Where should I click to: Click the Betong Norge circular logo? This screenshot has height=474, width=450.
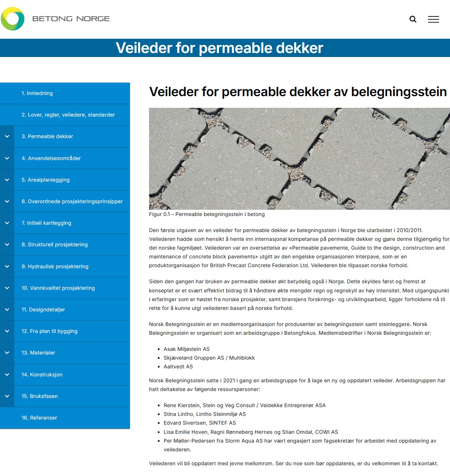pyautogui.click(x=13, y=19)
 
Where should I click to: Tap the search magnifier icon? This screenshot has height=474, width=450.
pyautogui.click(x=413, y=19)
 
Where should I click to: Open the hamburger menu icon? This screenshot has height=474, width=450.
pyautogui.click(x=433, y=19)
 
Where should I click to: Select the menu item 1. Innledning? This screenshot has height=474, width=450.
pyautogui.click(x=37, y=93)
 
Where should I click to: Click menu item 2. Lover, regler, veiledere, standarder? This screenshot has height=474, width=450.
pyautogui.click(x=68, y=115)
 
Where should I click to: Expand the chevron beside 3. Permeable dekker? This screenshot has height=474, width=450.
pyautogui.click(x=7, y=136)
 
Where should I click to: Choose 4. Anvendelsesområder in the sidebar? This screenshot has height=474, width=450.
pyautogui.click(x=51, y=158)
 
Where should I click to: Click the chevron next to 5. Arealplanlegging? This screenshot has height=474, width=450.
pyautogui.click(x=7, y=180)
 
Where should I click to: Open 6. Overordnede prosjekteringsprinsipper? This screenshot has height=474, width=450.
pyautogui.click(x=72, y=201)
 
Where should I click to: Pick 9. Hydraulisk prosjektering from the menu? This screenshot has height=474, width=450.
pyautogui.click(x=55, y=266)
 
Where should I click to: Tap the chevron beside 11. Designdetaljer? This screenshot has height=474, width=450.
pyautogui.click(x=7, y=310)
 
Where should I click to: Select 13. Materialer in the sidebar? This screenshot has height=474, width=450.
pyautogui.click(x=38, y=353)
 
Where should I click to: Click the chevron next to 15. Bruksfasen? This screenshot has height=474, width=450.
pyautogui.click(x=7, y=396)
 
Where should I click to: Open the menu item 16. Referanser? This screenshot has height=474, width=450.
pyautogui.click(x=39, y=418)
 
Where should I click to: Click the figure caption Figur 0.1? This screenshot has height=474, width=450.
pyautogui.click(x=207, y=214)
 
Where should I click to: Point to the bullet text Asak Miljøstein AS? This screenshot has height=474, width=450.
pyautogui.click(x=186, y=349)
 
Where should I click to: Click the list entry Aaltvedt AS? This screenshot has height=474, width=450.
pyautogui.click(x=178, y=367)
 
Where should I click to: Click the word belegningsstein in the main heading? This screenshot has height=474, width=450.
pyautogui.click(x=399, y=92)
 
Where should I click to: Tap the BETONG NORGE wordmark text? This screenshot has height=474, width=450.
pyautogui.click(x=71, y=19)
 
